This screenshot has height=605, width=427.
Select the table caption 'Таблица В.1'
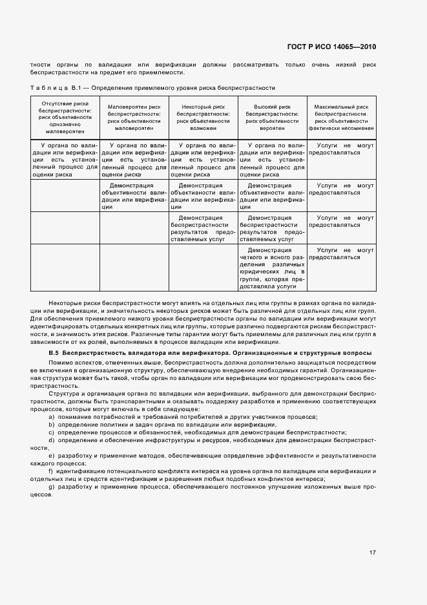54,87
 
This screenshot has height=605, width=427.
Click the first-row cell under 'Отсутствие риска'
65,160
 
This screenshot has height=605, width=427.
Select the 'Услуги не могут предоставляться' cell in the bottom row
341,253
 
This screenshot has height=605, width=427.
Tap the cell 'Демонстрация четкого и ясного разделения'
272,268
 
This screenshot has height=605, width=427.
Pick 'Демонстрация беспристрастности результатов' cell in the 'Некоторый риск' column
203,228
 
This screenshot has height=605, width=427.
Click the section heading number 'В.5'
54,353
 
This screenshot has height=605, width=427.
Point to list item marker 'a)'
51,417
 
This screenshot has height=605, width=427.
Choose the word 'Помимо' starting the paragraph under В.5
59,364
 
